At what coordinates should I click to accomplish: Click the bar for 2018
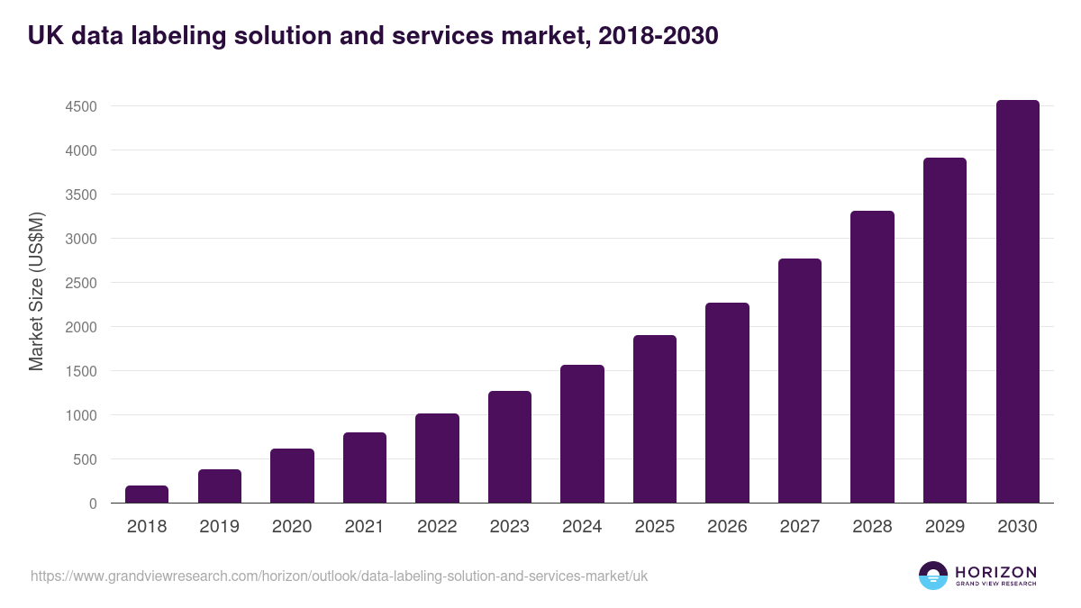[147, 495]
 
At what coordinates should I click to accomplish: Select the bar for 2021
[364, 467]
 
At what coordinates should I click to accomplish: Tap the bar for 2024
[582, 434]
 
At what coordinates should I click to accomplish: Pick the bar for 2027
[799, 381]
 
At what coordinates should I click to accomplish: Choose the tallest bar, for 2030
[1017, 302]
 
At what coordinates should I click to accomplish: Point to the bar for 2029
[944, 331]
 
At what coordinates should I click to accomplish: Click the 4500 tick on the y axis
[80, 106]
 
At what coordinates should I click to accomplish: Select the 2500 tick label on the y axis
[80, 283]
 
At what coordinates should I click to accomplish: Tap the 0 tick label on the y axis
[93, 504]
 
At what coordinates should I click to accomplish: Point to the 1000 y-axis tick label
[80, 415]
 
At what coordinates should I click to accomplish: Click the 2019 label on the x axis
[219, 527]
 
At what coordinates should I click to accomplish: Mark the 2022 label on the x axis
[437, 527]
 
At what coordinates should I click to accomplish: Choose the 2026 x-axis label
[727, 527]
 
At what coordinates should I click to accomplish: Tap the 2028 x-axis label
[872, 527]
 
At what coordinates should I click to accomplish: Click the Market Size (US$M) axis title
[37, 291]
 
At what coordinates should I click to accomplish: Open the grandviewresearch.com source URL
[339, 576]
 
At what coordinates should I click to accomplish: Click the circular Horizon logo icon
[933, 576]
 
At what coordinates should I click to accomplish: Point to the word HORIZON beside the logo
[995, 572]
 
